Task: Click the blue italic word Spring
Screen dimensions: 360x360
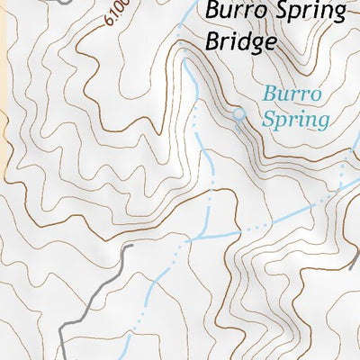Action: (x=295, y=117)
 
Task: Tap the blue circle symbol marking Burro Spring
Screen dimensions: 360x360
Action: (x=238, y=114)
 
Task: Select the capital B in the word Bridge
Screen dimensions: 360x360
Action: (x=212, y=41)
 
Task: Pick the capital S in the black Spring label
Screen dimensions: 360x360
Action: (x=274, y=13)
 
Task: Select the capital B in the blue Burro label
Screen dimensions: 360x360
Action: (x=269, y=94)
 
